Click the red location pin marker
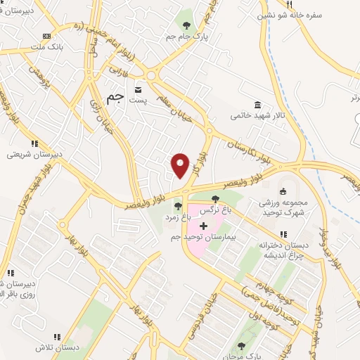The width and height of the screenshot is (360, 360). point(181,165)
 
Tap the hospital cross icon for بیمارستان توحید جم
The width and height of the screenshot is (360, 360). point(204,226)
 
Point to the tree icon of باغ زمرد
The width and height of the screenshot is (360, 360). point(179,206)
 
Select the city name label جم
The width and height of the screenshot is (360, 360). point(116,99)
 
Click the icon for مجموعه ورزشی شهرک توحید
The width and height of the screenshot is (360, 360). point(283,191)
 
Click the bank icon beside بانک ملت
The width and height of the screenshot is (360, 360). point(47,36)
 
